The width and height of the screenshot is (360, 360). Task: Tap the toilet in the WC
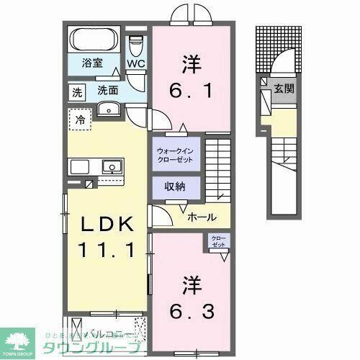pos(135,43)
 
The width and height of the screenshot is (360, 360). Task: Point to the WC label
pos(136,63)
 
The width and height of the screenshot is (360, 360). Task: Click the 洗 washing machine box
pos(76,91)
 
